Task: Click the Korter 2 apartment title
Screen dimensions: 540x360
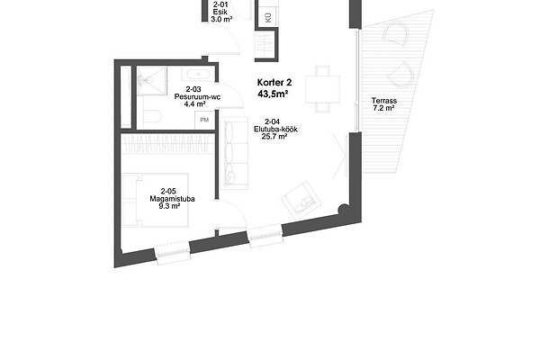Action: click(274, 83)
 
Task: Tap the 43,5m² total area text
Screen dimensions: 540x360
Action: click(273, 94)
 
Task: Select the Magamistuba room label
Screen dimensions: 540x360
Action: click(172, 199)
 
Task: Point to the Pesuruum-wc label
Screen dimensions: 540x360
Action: click(197, 97)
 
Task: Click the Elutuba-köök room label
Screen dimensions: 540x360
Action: click(275, 130)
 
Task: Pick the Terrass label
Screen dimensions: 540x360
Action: click(384, 101)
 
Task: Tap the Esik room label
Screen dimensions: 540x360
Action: click(220, 12)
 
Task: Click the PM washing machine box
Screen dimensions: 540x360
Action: click(204, 120)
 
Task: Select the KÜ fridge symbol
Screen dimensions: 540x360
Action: click(268, 17)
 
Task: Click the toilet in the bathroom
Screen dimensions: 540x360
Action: click(152, 116)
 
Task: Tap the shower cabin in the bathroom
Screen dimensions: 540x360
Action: click(151, 81)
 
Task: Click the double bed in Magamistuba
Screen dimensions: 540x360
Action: click(156, 200)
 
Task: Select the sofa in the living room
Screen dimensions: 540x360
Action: click(236, 153)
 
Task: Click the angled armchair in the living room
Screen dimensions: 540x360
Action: click(301, 200)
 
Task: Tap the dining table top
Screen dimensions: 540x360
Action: click(323, 90)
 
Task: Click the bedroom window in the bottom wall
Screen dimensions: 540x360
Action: click(173, 253)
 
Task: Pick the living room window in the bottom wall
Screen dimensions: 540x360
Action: click(265, 236)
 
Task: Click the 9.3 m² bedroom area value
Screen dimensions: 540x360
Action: click(169, 206)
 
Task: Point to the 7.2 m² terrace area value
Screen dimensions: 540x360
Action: click(383, 108)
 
